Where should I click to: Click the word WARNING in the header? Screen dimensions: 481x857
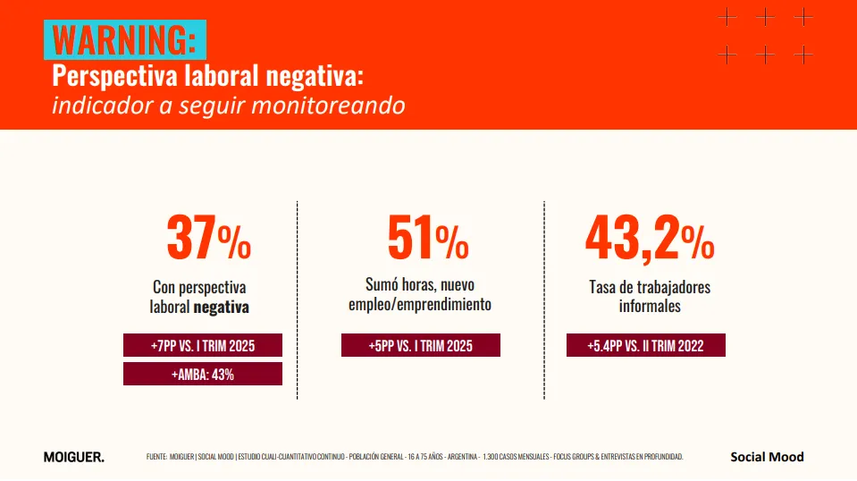pyautogui.click(x=124, y=40)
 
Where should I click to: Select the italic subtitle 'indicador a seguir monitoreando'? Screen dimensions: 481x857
pyautogui.click(x=228, y=105)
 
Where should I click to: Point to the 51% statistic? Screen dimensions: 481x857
pyautogui.click(x=428, y=239)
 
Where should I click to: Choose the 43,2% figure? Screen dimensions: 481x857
pyautogui.click(x=650, y=239)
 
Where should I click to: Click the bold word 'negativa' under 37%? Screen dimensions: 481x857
pyautogui.click(x=221, y=307)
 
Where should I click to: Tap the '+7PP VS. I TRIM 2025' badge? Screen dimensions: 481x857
pyautogui.click(x=203, y=345)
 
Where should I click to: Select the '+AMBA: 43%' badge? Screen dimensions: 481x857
pyautogui.click(x=203, y=374)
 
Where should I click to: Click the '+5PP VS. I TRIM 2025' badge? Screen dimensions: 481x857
pyautogui.click(x=420, y=345)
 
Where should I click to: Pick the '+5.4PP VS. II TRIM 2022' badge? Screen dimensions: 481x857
pyautogui.click(x=645, y=345)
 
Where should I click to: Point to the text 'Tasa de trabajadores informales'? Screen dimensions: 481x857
pyautogui.click(x=650, y=297)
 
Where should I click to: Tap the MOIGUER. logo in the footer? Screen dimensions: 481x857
pyautogui.click(x=73, y=457)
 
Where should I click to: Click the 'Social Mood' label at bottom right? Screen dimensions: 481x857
pyautogui.click(x=767, y=457)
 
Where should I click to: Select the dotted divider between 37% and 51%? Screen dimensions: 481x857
pyautogui.click(x=298, y=300)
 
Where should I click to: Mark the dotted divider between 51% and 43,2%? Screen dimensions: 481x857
pyautogui.click(x=543, y=300)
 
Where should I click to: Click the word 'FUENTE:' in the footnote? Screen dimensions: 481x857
pyautogui.click(x=157, y=457)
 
